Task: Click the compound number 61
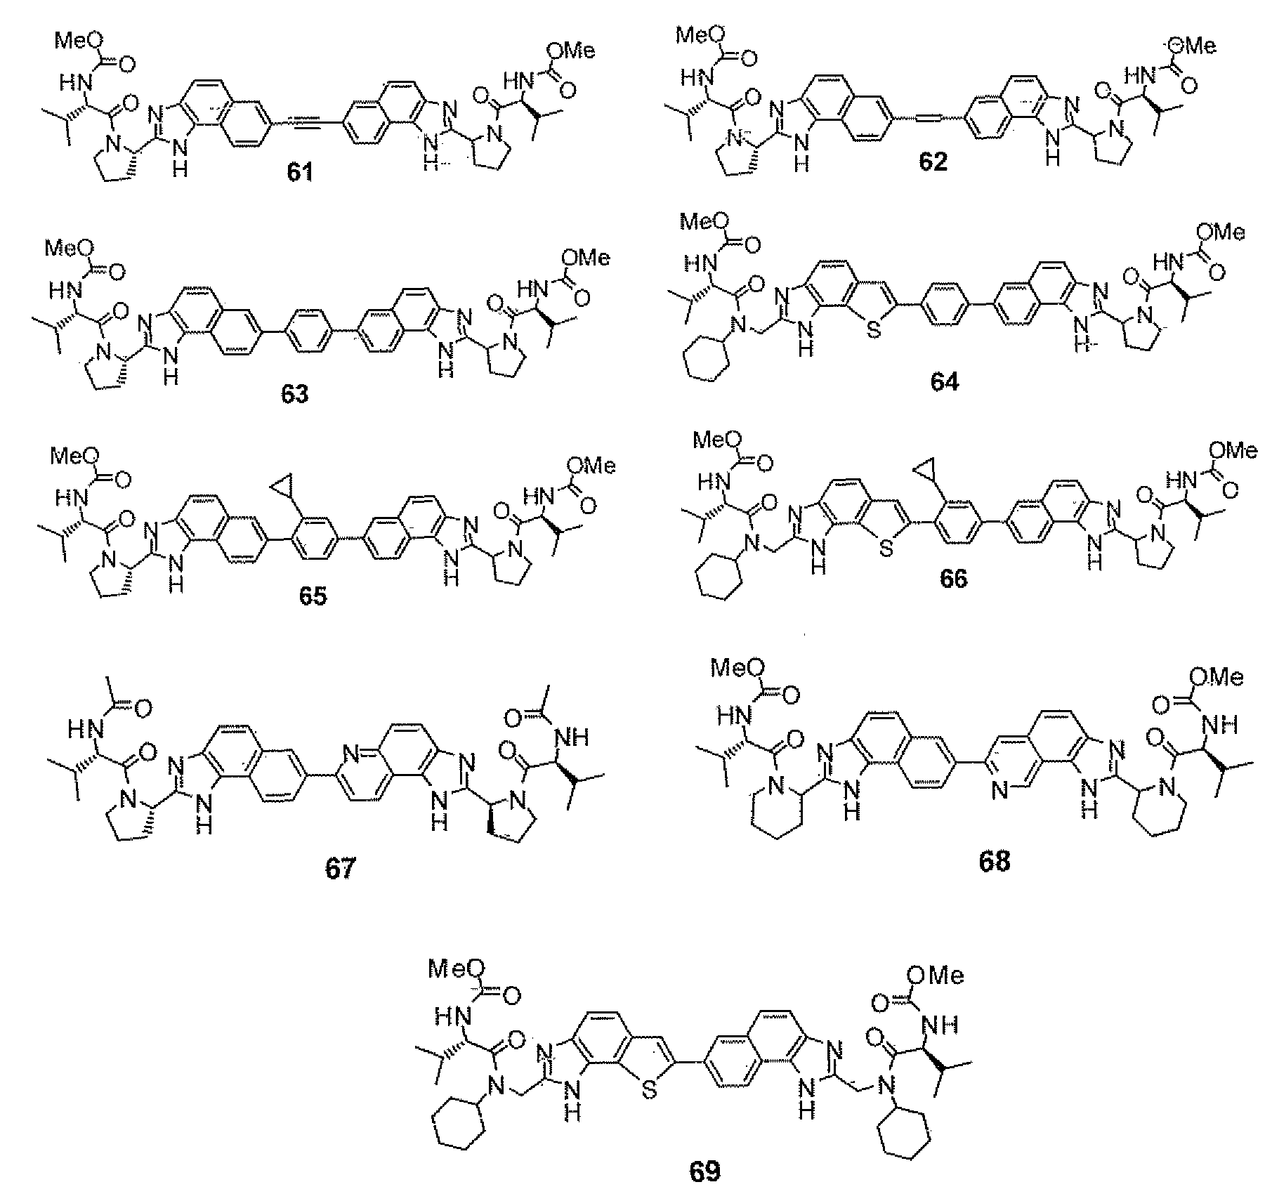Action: pos(300,172)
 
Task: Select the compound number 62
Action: pos(933,162)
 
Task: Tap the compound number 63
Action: pos(295,394)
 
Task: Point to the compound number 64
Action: pos(944,382)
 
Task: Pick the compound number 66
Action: pos(953,578)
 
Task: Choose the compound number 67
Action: pos(340,869)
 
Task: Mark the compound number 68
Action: pos(994,862)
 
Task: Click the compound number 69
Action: pos(704,1171)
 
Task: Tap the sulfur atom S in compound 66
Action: pos(886,550)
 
